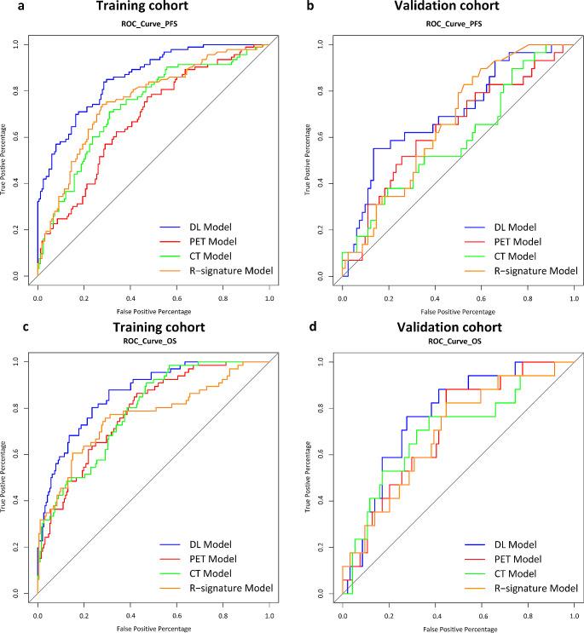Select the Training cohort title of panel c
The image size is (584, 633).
pos(153,328)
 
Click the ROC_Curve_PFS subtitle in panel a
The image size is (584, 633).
pos(153,25)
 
